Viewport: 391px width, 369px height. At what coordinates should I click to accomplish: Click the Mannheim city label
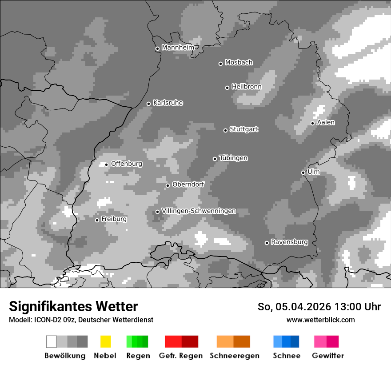tap(178, 47)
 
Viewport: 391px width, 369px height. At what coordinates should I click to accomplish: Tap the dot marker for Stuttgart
tap(225, 130)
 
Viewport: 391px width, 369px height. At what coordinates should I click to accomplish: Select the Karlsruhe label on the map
tap(168, 103)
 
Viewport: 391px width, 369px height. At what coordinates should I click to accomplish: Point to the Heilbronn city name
tap(247, 87)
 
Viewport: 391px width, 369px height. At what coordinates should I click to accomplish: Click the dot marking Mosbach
tap(220, 64)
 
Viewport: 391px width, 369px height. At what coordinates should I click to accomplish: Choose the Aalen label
tap(326, 122)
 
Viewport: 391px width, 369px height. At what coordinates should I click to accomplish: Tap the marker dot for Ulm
tap(303, 172)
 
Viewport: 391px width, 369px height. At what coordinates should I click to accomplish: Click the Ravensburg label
tap(289, 242)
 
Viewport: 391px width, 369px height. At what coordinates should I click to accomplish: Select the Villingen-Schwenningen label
tap(199, 211)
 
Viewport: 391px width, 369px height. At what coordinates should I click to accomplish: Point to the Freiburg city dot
tap(97, 220)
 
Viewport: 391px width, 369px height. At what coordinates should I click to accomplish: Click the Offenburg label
tap(127, 164)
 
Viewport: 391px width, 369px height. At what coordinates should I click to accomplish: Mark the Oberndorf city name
tap(188, 184)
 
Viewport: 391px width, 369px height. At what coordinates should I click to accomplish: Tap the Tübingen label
tap(233, 158)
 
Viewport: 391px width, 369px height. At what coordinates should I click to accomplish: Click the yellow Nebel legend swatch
tap(105, 341)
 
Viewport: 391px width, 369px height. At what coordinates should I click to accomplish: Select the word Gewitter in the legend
tap(328, 356)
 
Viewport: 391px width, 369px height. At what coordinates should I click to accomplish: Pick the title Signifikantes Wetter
tap(73, 306)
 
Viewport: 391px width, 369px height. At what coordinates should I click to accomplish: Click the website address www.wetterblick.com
tap(320, 320)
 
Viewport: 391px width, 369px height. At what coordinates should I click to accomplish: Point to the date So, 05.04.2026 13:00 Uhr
tap(319, 307)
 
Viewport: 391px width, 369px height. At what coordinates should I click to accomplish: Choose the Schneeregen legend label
tap(234, 356)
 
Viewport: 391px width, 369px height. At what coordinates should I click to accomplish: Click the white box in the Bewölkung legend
tap(52, 341)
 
